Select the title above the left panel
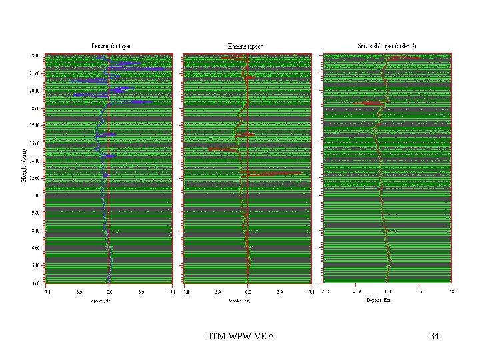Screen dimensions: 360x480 coord(111,46)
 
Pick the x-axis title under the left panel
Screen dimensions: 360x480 coord(109,300)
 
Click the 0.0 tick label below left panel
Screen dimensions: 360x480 coord(109,291)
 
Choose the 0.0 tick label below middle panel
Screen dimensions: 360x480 coord(247,291)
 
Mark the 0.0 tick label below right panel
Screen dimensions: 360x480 coord(387,291)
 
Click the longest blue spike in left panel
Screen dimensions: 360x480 coord(143,69)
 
